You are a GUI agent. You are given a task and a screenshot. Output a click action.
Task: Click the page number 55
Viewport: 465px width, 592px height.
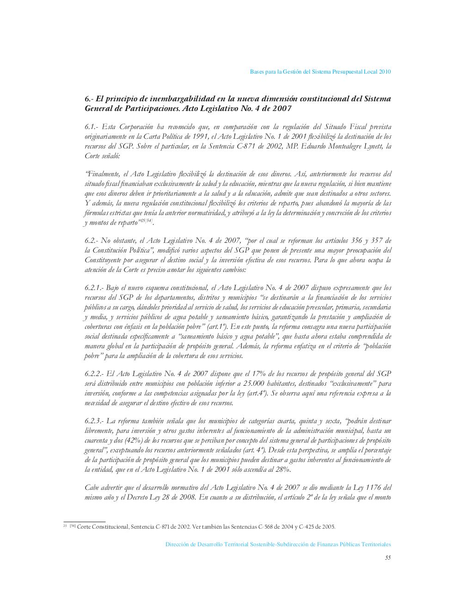pos(388,557)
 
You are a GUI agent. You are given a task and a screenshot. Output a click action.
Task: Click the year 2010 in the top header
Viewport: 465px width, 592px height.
pos(385,72)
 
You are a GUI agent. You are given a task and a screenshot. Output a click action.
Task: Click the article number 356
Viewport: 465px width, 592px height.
pos(344,240)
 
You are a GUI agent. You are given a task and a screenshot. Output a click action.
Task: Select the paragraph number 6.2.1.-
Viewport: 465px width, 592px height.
pos(94,288)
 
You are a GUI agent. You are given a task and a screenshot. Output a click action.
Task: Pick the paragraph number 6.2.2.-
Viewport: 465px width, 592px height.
pos(94,374)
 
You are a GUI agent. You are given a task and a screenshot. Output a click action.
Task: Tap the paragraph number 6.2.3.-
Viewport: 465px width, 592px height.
pos(94,421)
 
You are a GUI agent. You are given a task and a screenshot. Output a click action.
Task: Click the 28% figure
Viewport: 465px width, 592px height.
pos(283,469)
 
